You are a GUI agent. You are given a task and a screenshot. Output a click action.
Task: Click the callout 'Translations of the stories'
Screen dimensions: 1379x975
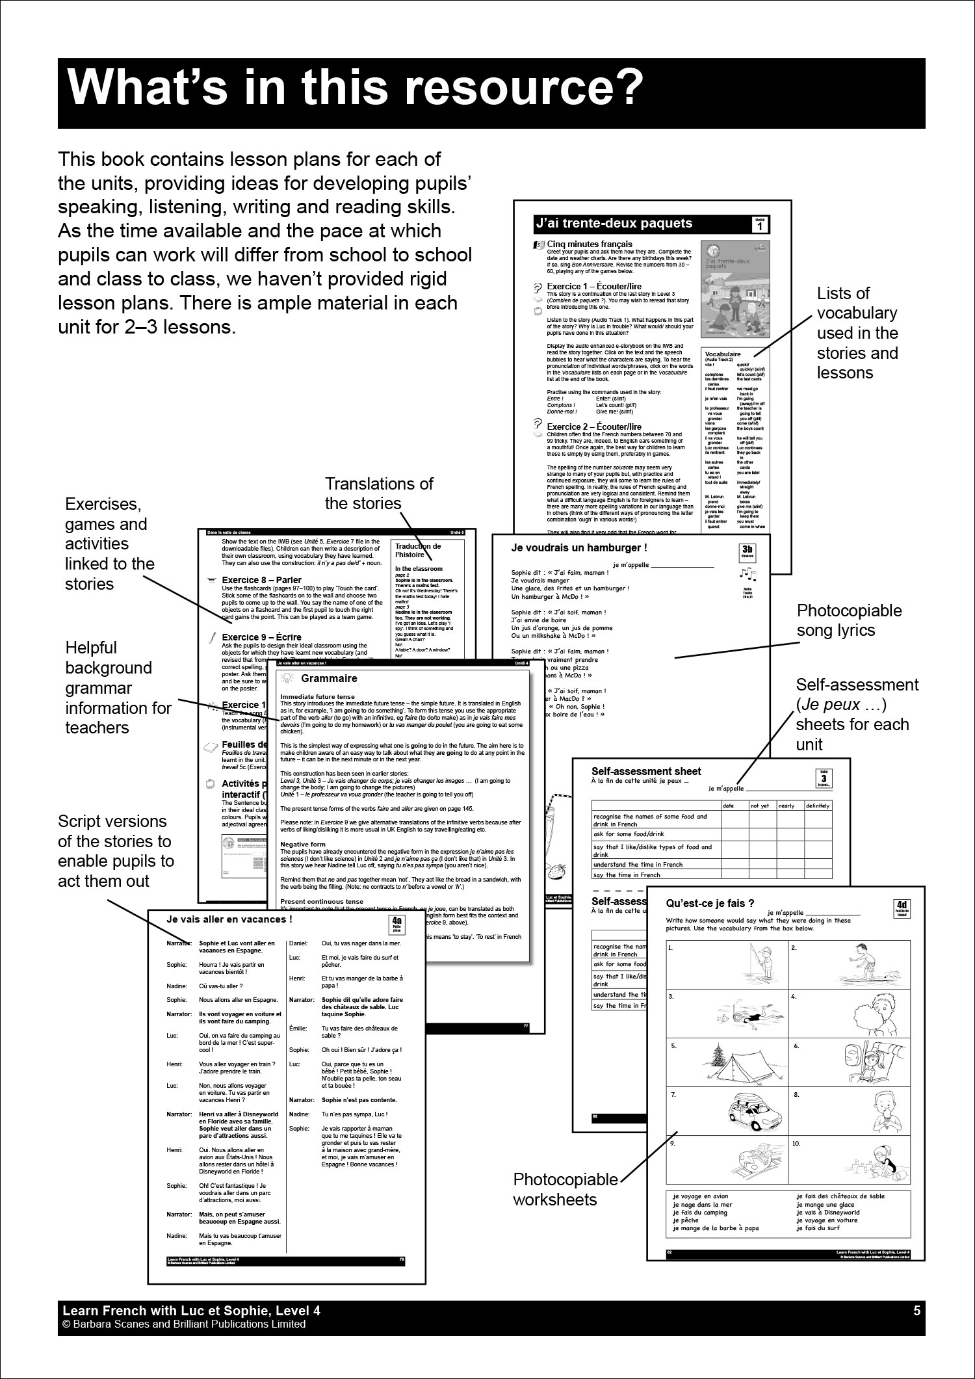click(379, 493)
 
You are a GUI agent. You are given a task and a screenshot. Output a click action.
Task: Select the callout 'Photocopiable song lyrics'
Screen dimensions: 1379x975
click(849, 620)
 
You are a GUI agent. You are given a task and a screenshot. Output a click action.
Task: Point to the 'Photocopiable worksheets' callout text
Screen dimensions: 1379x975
click(565, 1189)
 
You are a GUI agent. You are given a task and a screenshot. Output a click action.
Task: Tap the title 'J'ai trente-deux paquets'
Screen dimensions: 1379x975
click(613, 224)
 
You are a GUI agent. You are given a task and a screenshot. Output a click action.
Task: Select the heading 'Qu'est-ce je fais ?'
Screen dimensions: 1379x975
click(710, 902)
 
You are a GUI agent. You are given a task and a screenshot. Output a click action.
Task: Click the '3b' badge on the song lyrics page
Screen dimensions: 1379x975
click(747, 553)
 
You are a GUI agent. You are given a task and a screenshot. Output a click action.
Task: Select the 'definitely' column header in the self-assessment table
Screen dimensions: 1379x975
click(817, 806)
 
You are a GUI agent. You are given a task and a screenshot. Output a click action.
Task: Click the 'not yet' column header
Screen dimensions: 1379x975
click(760, 806)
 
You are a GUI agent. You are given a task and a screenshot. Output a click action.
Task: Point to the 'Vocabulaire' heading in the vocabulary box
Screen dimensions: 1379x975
click(723, 354)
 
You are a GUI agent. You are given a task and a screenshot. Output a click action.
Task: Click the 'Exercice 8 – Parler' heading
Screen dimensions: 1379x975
click(262, 581)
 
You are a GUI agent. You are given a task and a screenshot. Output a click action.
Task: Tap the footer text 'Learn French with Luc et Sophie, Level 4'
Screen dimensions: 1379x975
click(191, 1311)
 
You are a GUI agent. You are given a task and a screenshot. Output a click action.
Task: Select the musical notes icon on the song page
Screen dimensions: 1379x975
click(747, 574)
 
